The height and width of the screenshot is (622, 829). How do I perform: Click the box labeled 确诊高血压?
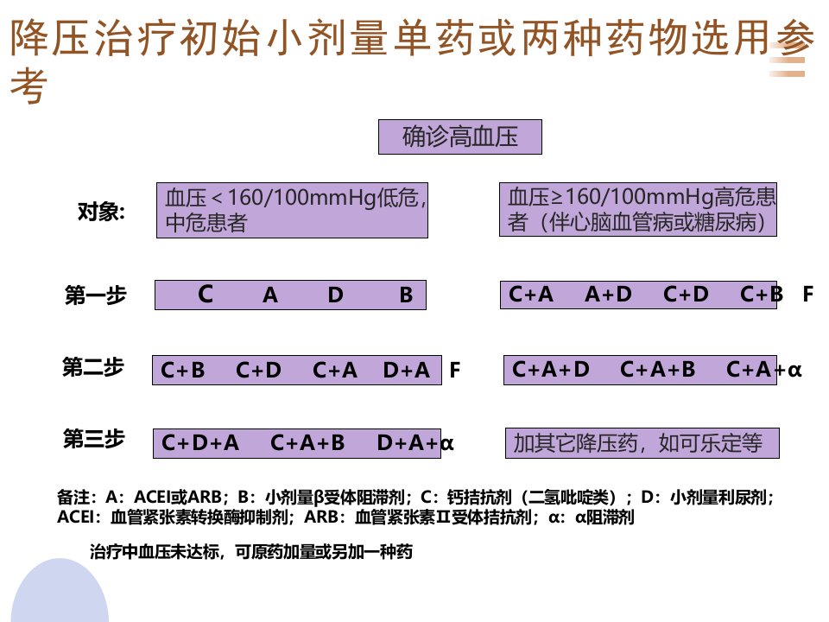point(460,137)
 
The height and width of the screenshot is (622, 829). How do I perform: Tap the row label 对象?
point(102,212)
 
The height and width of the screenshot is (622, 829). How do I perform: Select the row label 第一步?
point(96,295)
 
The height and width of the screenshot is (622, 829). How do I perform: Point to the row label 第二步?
point(93,366)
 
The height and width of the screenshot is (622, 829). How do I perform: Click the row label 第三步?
point(94,439)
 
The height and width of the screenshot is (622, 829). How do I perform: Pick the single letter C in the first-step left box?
point(206,294)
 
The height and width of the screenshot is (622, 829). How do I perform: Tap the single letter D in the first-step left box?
point(335,295)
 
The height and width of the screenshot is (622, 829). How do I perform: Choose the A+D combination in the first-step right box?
point(608,294)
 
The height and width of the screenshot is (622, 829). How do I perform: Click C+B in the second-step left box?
point(182,370)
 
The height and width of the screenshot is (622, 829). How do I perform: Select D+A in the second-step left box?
point(406,370)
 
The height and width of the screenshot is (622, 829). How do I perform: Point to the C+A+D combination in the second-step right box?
point(550,369)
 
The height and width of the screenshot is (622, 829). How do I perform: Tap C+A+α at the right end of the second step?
point(764,369)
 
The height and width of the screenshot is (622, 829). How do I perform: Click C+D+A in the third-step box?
point(199,442)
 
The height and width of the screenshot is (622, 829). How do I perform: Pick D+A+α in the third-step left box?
point(415,442)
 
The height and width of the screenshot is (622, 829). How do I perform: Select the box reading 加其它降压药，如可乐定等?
point(642,443)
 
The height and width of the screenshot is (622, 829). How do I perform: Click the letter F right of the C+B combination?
point(808,294)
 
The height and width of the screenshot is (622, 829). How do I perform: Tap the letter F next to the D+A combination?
point(455,370)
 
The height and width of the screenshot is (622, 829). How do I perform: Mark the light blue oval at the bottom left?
point(60,590)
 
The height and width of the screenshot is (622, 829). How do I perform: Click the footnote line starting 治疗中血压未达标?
point(251,552)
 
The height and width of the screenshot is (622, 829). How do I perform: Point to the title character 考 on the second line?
point(29,86)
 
